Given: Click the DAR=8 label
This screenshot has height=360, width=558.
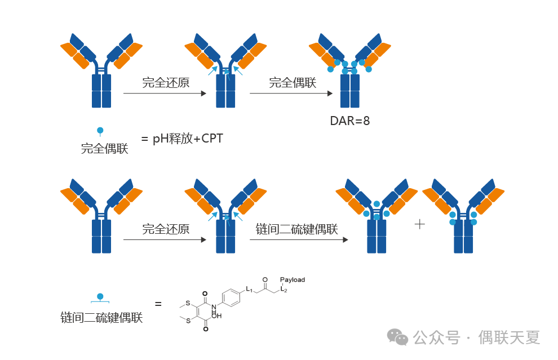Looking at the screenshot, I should click(x=349, y=121).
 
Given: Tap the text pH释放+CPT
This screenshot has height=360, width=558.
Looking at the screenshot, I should click(x=188, y=138).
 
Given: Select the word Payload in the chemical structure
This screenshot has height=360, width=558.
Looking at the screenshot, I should click(x=292, y=279).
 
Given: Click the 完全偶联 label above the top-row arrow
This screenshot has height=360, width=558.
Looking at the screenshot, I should click(x=293, y=83).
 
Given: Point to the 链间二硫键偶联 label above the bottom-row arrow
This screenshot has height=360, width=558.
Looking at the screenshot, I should click(x=296, y=229).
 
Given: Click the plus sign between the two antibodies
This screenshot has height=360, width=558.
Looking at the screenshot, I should click(x=419, y=224).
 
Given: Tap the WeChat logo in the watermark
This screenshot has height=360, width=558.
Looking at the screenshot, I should click(x=398, y=337).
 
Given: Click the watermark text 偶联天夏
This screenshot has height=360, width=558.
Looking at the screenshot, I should click(x=509, y=337).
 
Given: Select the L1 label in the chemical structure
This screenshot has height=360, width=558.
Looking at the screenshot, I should click(x=249, y=289).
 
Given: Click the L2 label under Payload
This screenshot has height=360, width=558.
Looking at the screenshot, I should click(x=284, y=290).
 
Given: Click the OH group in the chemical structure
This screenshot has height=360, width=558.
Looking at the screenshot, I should click(x=217, y=316).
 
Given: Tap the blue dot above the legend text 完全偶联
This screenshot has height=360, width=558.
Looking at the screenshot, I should click(x=100, y=131).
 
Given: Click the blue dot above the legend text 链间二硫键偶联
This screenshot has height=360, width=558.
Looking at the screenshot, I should click(x=100, y=296).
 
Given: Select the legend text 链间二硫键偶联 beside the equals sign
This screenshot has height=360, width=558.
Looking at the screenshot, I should click(x=101, y=318).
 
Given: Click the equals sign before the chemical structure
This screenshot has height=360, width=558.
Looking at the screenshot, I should click(x=158, y=304).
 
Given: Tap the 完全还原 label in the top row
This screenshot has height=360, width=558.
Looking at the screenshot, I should click(x=166, y=83).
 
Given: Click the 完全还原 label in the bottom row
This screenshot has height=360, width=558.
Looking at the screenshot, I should click(x=166, y=229).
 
